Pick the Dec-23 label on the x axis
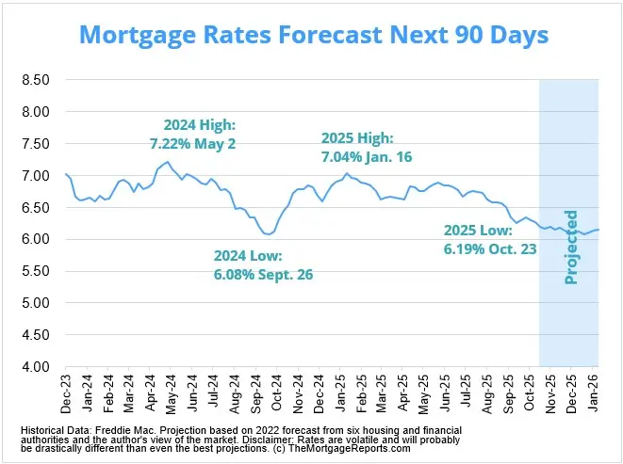click(x=65, y=393)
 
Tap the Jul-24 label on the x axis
click(x=214, y=393)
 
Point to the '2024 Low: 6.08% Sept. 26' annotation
click(x=263, y=265)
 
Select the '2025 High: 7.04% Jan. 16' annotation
click(x=367, y=149)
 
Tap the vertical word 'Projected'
click(x=571, y=247)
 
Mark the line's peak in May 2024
click(x=168, y=162)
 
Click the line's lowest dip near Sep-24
click(x=269, y=234)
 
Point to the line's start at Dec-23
click(x=65, y=173)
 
